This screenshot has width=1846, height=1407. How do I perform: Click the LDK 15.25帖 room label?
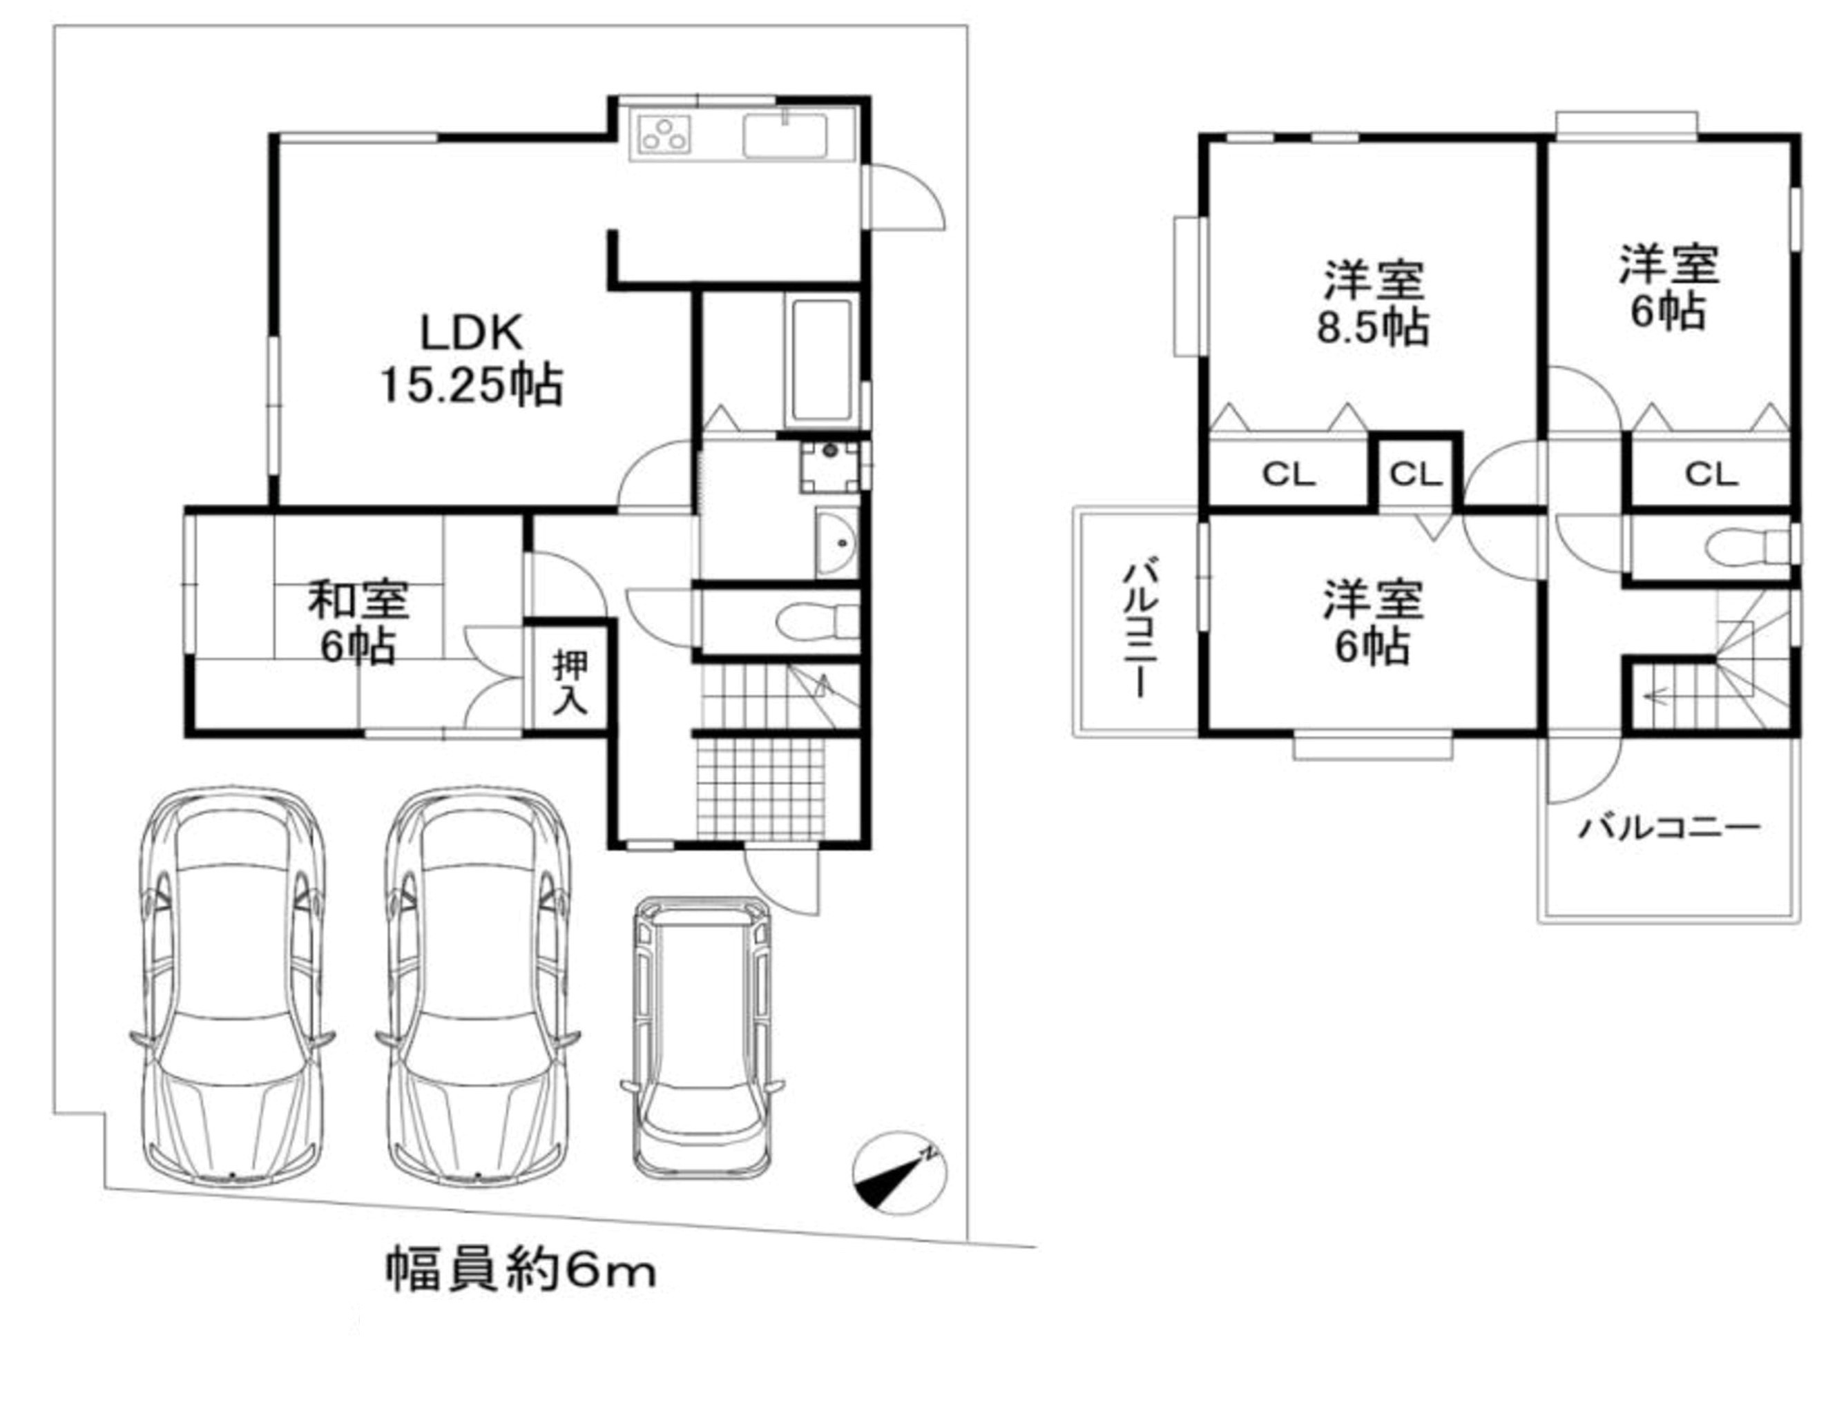(x=472, y=359)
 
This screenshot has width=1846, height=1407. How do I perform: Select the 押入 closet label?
(x=571, y=684)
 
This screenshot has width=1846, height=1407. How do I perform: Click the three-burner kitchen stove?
(x=664, y=134)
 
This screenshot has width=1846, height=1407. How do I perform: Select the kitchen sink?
(x=785, y=133)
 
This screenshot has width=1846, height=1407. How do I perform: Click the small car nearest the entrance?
(x=702, y=1038)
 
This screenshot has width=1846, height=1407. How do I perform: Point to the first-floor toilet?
(x=816, y=621)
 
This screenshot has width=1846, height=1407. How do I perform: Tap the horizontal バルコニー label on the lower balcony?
(x=1669, y=828)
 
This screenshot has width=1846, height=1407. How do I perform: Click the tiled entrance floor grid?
(x=760, y=788)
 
